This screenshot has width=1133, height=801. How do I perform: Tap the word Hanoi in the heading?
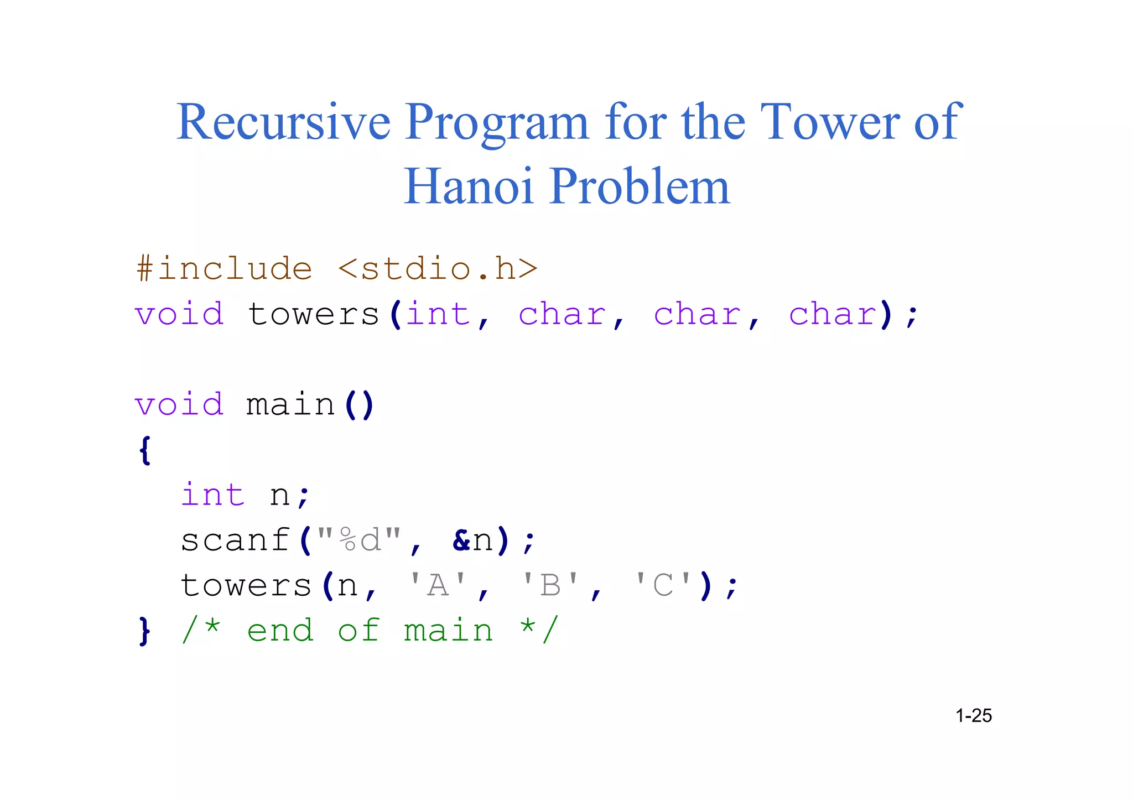(469, 186)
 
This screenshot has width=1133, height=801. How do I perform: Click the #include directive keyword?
(224, 269)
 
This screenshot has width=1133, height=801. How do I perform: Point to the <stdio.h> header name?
(438, 269)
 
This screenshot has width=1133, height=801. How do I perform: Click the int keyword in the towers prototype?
(438, 314)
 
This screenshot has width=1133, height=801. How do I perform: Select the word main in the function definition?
(290, 404)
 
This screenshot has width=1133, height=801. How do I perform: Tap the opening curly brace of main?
(145, 450)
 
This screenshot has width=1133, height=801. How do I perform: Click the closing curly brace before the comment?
(145, 631)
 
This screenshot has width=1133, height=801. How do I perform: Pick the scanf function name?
(235, 540)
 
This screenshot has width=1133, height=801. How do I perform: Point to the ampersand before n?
(461, 540)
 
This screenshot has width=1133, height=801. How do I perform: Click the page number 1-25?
(974, 716)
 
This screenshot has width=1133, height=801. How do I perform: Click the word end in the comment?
(280, 631)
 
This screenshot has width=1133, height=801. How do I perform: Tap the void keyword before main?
(179, 404)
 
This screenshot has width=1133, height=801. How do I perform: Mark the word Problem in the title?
(640, 186)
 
